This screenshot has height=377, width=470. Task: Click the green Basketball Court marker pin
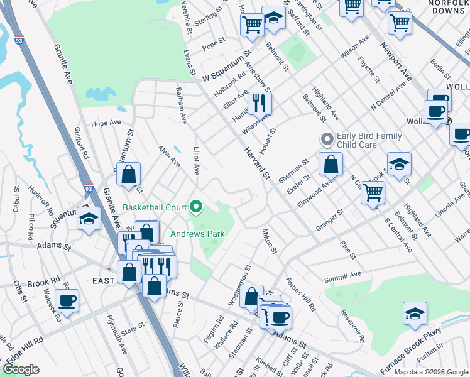(196, 206)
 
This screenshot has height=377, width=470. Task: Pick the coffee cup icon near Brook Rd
(67, 300)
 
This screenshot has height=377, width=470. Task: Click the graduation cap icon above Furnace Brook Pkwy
(415, 314)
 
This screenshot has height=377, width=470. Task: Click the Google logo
(21, 369)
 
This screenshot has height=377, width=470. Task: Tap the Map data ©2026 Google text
(431, 372)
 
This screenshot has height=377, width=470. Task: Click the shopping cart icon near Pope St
(252, 25)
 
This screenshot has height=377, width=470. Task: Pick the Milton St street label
(270, 241)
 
